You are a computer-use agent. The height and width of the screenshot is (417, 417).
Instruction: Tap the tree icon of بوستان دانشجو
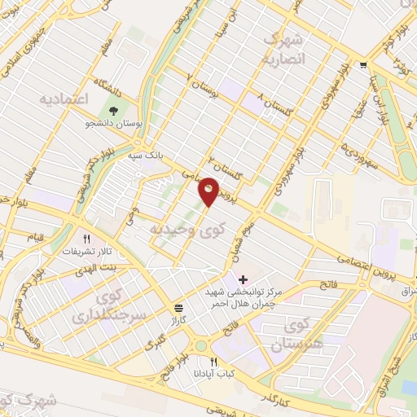coord(112,111)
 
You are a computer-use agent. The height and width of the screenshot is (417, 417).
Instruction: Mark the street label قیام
coord(36,236)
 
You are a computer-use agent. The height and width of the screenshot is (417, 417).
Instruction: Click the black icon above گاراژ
coord(178,307)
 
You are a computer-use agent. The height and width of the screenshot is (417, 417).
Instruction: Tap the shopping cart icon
coord(362,66)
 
